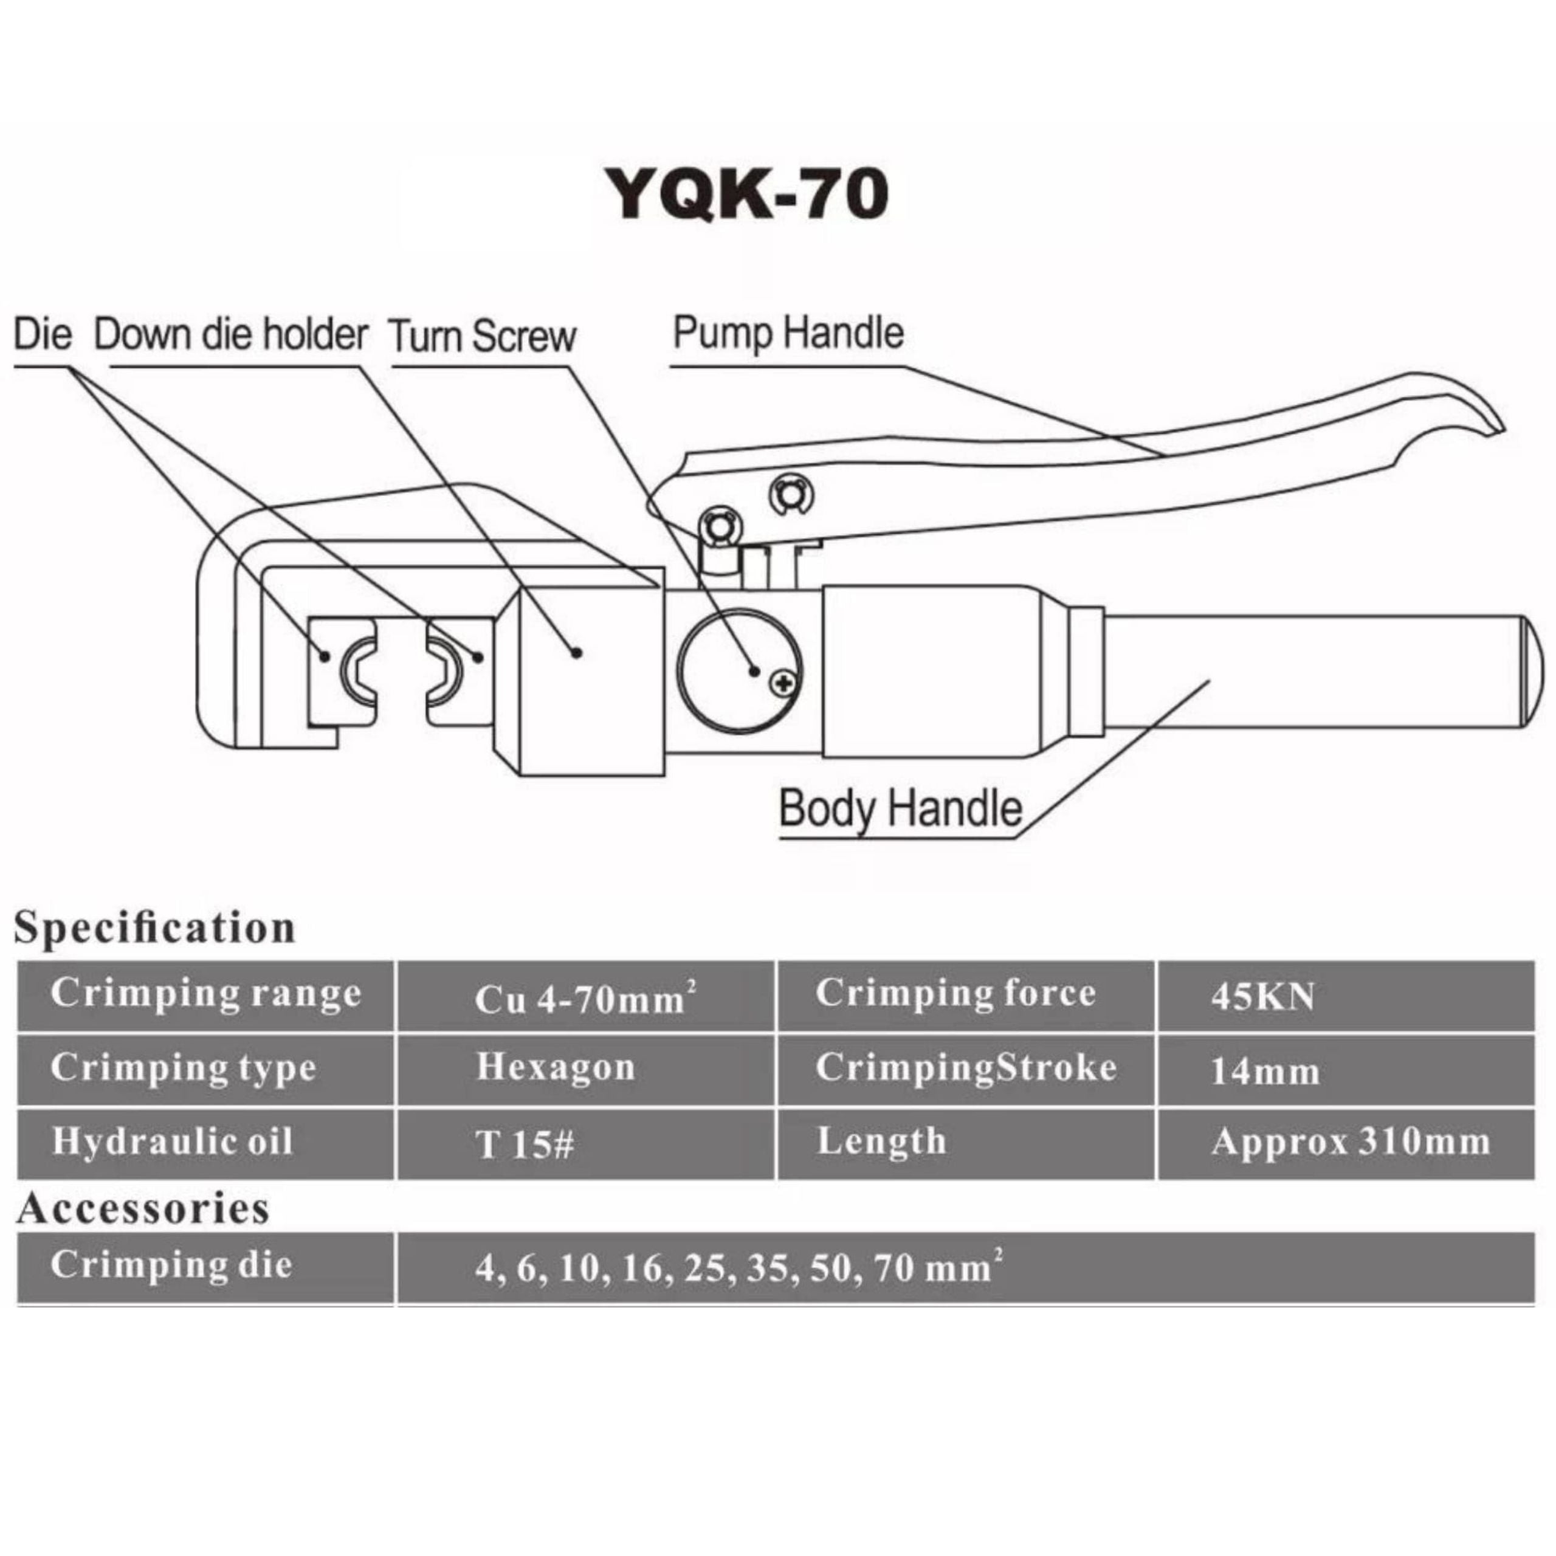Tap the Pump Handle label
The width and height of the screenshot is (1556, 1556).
(x=788, y=334)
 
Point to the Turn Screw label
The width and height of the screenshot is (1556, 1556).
(x=483, y=336)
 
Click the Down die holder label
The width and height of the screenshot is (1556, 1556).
(x=231, y=334)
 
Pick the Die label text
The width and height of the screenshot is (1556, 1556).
(x=43, y=334)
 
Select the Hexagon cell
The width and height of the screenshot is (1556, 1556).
(x=556, y=1068)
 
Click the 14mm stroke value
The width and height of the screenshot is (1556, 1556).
(x=1264, y=1071)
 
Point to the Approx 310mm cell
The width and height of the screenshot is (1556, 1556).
(x=1350, y=1142)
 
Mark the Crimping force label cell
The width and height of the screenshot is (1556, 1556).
(x=955, y=994)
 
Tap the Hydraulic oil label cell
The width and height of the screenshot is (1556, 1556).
(x=173, y=1142)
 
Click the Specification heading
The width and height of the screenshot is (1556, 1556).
(x=154, y=928)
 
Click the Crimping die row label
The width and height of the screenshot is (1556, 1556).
(x=171, y=1264)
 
